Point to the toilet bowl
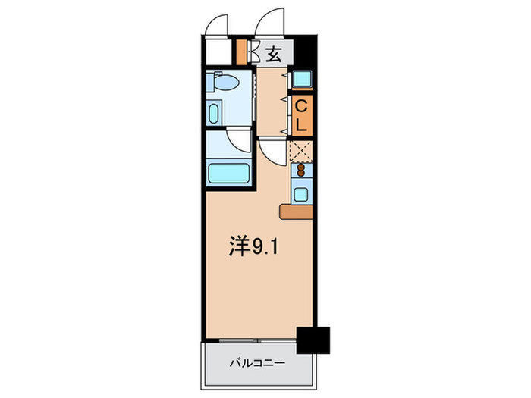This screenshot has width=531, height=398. click(225, 83)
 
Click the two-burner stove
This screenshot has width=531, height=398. click(302, 171)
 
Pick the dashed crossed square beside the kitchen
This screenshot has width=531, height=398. click(301, 151)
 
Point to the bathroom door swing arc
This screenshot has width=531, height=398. click(240, 141)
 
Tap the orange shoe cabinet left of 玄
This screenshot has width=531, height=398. click(242, 53)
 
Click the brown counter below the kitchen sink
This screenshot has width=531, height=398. click(295, 212)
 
